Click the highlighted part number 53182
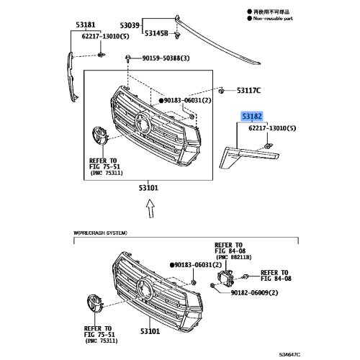(x=251, y=114)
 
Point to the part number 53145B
(x=156, y=33)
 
